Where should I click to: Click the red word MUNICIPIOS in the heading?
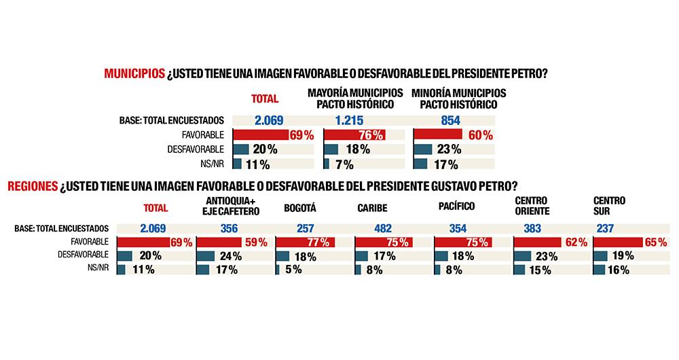coord(134,74)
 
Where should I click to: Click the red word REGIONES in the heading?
coord(33,186)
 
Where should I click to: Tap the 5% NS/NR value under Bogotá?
coord(293,270)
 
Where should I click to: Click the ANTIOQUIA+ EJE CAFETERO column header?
coord(232,206)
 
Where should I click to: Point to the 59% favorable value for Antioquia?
coord(255,242)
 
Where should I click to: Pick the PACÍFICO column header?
coord(456,206)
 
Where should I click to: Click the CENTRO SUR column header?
coord(609,206)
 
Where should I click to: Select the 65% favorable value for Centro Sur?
coord(655,242)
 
